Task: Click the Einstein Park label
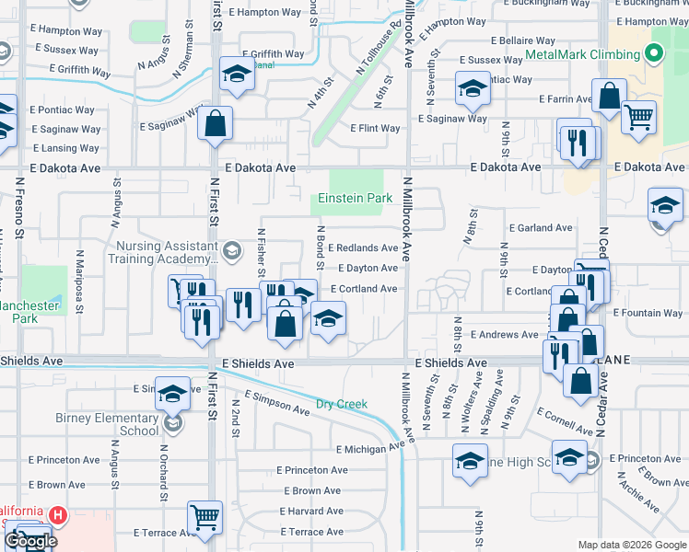point(355,198)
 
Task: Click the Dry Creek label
point(342,404)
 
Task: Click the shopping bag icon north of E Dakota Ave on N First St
point(214,123)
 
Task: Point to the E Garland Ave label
point(540,227)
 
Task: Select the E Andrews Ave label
point(504,335)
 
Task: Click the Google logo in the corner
point(29,540)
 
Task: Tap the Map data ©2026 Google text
point(632,545)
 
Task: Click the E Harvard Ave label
point(309,512)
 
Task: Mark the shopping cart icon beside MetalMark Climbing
point(638,117)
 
